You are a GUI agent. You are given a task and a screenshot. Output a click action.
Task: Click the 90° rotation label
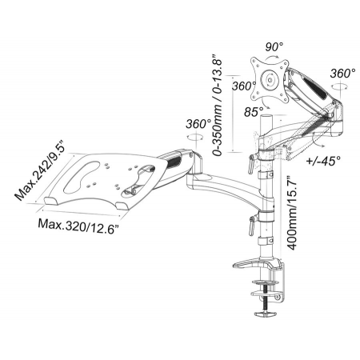point(274,47)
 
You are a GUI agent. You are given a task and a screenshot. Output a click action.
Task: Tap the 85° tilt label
point(254,112)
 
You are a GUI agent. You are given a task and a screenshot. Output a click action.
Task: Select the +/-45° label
point(324,161)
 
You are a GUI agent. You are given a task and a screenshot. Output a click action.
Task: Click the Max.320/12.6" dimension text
point(78,226)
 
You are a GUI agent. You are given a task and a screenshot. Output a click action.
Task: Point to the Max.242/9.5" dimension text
point(40,170)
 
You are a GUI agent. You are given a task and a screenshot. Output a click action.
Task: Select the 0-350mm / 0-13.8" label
point(217,106)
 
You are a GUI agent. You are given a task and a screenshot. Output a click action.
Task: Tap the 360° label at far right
point(342,74)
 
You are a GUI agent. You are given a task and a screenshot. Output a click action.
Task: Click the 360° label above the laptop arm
point(198,124)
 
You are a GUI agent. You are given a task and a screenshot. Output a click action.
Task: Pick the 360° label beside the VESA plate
point(244,86)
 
